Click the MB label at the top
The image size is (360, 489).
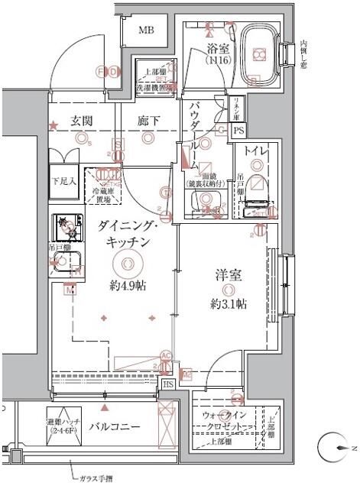[x=145, y=31]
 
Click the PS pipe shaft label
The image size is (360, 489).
[x=238, y=131]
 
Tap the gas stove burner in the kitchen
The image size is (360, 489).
[x=66, y=227]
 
